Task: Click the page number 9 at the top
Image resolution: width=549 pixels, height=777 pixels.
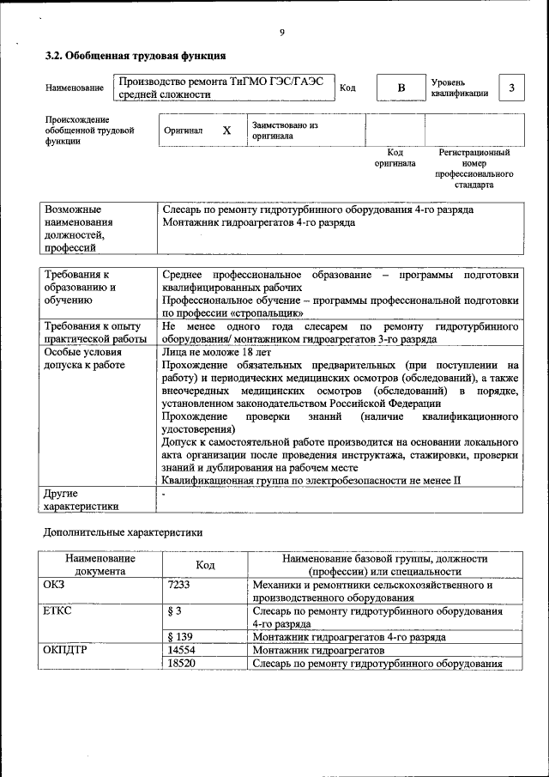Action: pyautogui.click(x=282, y=33)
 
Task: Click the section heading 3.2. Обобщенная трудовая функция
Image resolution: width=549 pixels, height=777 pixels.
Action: pyautogui.click(x=136, y=56)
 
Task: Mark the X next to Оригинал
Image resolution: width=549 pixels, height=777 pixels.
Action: pyautogui.click(x=226, y=131)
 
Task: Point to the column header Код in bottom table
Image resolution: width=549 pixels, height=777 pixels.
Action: pyautogui.click(x=205, y=565)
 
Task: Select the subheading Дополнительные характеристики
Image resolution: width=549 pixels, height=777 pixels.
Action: pyautogui.click(x=124, y=532)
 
